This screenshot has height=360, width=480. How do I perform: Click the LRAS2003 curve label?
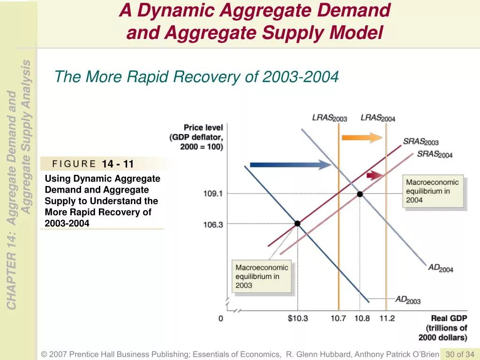click(x=330, y=118)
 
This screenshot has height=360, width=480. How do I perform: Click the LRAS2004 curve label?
click(x=378, y=118)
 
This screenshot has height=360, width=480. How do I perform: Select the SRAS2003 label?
click(x=420, y=142)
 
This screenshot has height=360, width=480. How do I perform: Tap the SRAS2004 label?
click(x=435, y=154)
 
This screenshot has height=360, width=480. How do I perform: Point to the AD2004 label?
click(x=441, y=268)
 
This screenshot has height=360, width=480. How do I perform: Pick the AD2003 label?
click(x=408, y=300)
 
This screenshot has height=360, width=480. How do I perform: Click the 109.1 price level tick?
click(x=213, y=194)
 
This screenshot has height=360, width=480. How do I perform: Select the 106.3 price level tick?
click(x=213, y=225)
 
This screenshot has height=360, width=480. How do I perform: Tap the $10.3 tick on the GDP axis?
click(x=298, y=319)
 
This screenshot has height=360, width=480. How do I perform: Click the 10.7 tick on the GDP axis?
click(x=338, y=319)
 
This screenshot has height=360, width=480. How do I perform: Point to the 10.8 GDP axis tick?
click(x=361, y=319)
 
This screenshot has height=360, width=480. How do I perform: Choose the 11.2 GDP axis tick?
click(x=387, y=319)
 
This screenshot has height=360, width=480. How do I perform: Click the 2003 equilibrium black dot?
click(x=297, y=224)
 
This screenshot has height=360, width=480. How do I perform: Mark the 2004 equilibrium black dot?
click(x=360, y=194)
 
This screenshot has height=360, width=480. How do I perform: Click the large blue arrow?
click(x=291, y=165)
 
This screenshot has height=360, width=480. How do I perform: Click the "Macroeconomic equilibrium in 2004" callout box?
click(x=434, y=191)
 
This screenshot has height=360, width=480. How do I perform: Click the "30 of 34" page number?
click(x=460, y=354)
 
